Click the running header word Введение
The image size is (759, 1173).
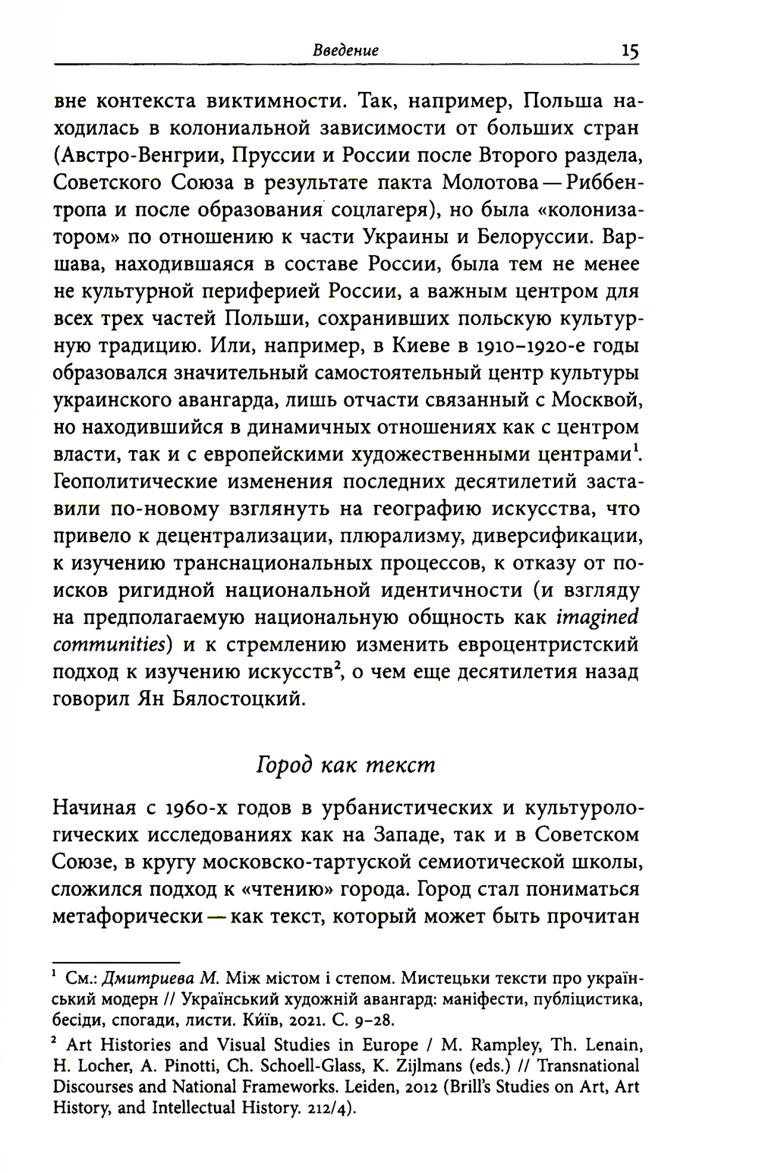point(345,51)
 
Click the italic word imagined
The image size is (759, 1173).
point(597,618)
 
